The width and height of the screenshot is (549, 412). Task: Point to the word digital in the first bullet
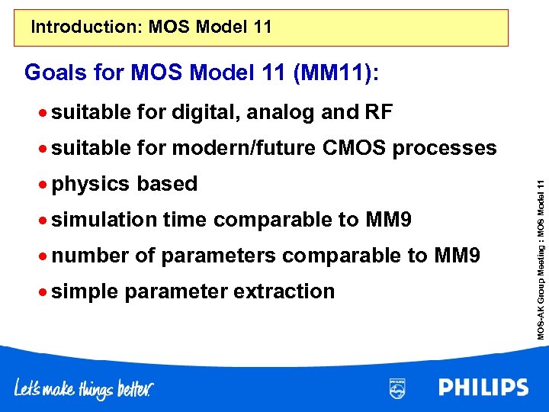point(205,113)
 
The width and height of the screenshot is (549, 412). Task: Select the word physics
point(91,184)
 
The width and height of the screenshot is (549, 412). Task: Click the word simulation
point(104,220)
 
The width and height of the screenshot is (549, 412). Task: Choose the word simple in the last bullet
point(85,291)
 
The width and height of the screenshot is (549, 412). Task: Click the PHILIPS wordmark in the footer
point(483,388)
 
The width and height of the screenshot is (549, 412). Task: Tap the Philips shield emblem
point(397,388)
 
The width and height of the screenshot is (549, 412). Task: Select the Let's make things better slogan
point(84,388)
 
